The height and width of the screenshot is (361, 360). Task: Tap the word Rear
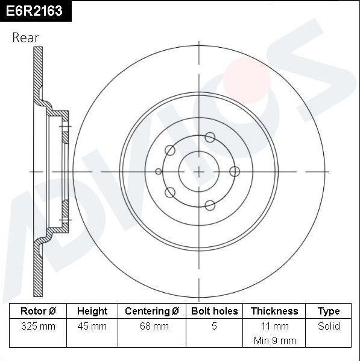coord(25,37)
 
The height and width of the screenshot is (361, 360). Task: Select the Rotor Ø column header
coord(38,311)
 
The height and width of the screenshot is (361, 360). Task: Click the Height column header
coord(92,311)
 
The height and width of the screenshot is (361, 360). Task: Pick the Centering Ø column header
coord(152,311)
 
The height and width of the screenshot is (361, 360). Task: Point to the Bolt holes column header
coord(214,311)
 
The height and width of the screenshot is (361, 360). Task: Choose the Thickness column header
coord(274,311)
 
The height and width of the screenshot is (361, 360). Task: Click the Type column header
coord(329,311)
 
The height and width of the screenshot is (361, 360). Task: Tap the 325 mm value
coord(38,326)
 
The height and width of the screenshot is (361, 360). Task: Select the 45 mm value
coord(92,326)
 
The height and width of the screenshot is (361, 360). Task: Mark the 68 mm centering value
coord(152,326)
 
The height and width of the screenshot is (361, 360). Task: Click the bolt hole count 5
coord(214,326)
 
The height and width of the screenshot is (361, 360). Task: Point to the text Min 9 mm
coord(274,340)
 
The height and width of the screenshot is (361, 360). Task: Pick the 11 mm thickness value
coord(274,326)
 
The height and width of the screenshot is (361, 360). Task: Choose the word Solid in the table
coord(329,326)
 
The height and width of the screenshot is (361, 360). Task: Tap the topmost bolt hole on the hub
coord(210,137)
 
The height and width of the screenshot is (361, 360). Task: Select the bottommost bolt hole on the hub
coord(210,205)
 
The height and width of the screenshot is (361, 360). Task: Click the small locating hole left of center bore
coord(159,171)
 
